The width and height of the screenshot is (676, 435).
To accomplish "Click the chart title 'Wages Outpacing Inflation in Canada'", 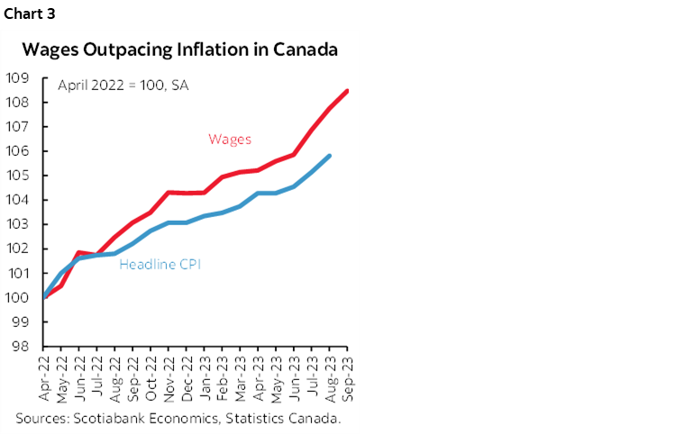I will click(180, 50).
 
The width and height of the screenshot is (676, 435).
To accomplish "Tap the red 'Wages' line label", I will click(230, 139).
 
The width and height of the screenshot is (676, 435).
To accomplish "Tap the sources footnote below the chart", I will click(180, 418).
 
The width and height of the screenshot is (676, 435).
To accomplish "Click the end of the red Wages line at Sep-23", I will click(348, 90).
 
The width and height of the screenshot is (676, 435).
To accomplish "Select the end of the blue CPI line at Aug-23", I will click(330, 156).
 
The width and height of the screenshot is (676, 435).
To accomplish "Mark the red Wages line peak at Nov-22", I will click(169, 192).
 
